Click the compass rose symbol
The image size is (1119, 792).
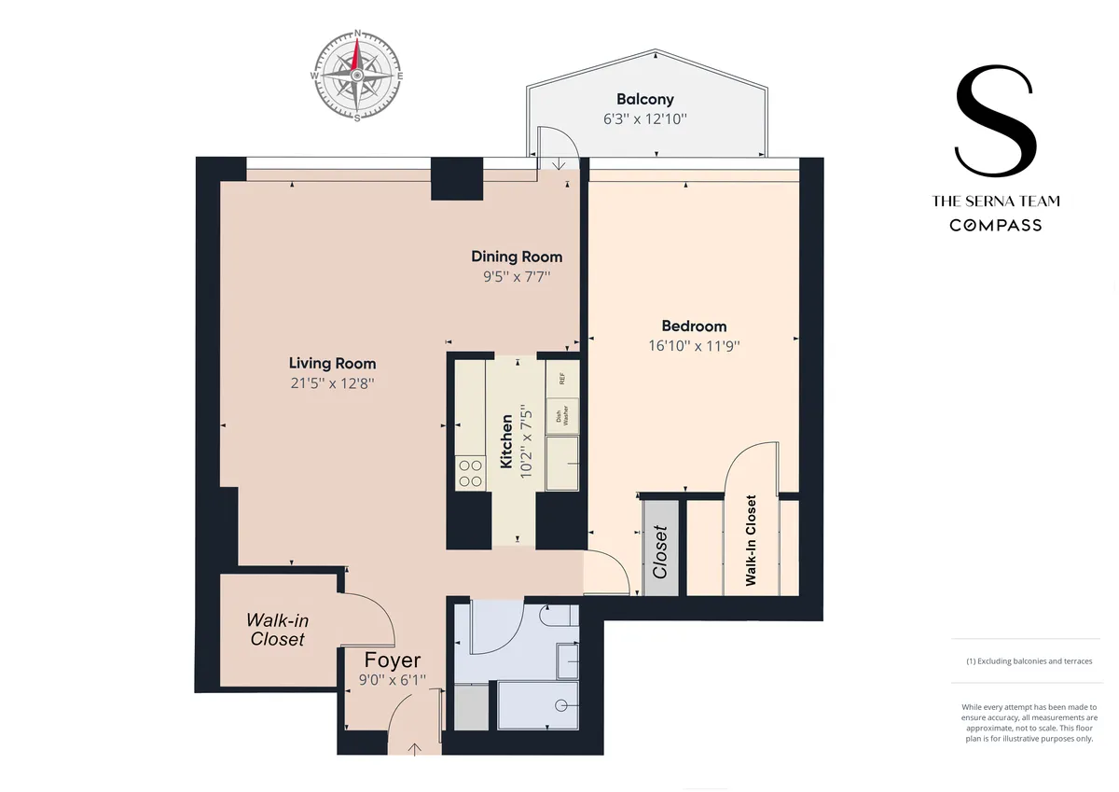point(356,76)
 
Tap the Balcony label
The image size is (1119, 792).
point(644,99)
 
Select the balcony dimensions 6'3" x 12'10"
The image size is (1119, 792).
point(644,119)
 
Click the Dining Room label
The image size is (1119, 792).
point(517,257)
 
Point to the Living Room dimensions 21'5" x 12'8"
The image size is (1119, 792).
point(332,382)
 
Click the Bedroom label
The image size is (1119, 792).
point(694,327)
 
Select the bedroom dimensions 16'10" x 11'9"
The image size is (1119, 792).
point(694,345)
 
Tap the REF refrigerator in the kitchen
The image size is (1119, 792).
point(561,379)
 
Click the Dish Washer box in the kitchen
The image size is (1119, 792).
point(561,416)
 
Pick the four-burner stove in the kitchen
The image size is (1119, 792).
point(470,474)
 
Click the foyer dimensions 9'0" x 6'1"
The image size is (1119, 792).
point(393,681)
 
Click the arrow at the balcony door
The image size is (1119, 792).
point(558,165)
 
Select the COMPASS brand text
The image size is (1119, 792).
point(995,225)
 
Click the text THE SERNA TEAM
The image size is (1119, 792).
point(995,201)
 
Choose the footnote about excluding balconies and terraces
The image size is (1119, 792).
point(1029,660)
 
